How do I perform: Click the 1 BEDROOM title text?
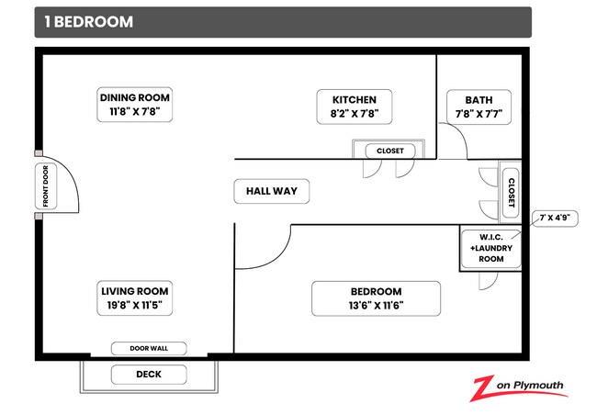88,22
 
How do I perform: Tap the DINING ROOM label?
135,97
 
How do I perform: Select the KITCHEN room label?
354,98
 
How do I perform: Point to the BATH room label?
478,99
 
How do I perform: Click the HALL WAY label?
271,191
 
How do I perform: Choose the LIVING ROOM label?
135,291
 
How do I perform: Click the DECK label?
148,374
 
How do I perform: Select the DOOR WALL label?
149,348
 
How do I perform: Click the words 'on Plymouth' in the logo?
532,385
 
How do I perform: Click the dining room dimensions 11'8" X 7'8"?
135,113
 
